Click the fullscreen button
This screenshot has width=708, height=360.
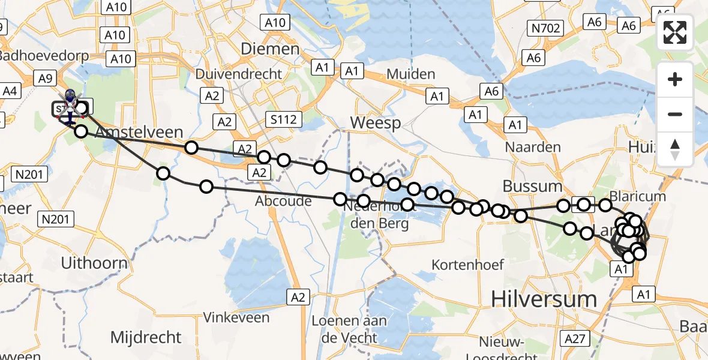tap(675, 32)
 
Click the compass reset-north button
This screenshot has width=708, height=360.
tap(675, 150)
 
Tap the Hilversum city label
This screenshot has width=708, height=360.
tap(544, 298)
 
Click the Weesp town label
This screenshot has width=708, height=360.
tap(375, 123)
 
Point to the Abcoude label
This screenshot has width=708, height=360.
tap(284, 201)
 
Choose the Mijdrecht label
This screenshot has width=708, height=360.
tap(146, 337)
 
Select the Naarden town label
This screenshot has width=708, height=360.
tap(533, 147)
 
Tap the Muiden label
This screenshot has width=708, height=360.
tap(411, 74)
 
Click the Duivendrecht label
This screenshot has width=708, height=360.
tap(239, 74)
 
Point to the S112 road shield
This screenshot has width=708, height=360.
tap(283, 119)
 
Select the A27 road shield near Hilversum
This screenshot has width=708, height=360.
tap(574, 339)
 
